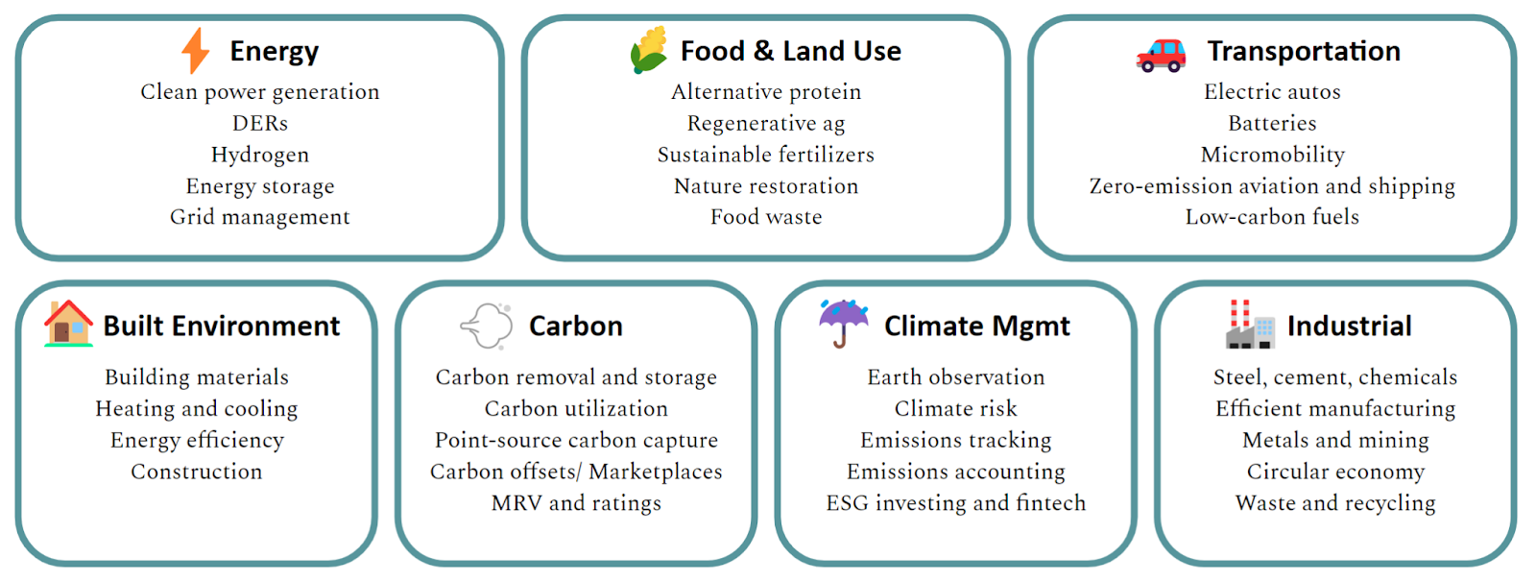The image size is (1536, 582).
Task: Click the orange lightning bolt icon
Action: point(196,50)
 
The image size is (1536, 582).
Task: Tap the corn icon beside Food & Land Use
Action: point(649,49)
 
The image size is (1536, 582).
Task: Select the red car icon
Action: point(1161,55)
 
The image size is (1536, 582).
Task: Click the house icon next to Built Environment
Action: point(68,324)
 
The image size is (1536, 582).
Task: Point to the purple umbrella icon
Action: point(844,324)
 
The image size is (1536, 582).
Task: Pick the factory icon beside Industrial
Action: point(1250,324)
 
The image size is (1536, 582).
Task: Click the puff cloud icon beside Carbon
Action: point(487,326)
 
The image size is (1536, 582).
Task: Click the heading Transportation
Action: point(1304,52)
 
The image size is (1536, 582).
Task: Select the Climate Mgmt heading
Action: point(977,327)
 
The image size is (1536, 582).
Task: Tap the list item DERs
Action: point(260,123)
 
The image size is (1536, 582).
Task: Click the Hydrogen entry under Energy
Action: point(260,156)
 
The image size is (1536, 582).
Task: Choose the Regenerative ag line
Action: point(766,124)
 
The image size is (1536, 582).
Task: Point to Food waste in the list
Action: point(766,217)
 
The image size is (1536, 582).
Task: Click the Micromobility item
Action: point(1273,156)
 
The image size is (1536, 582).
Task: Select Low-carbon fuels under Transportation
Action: point(1272,217)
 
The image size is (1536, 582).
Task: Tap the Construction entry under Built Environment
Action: point(197,472)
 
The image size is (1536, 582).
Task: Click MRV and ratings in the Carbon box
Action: point(576,504)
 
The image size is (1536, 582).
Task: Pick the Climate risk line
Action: point(956,408)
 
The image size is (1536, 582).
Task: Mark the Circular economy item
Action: point(1335,473)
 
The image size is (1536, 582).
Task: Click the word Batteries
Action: point(1273,123)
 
